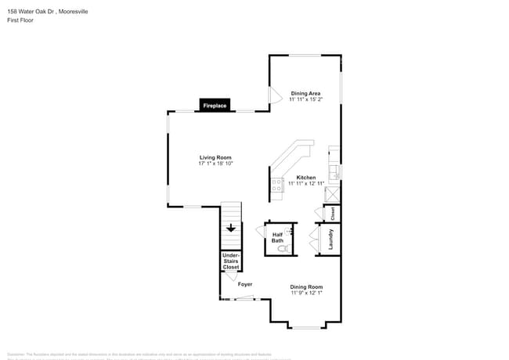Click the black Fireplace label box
tap(215, 105)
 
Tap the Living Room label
tap(215, 157)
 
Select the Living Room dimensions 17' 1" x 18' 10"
tap(215, 164)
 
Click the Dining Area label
tap(305, 93)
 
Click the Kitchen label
tap(305, 178)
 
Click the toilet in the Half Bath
tap(284, 248)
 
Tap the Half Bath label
tap(277, 238)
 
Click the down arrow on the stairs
tap(231, 228)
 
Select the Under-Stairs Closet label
tap(231, 261)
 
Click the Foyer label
tap(245, 283)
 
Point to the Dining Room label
tap(306, 286)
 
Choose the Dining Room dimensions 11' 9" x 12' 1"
tap(306, 293)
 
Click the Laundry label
tap(332, 239)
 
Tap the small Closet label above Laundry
tap(332, 212)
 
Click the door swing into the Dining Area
tap(275, 95)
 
